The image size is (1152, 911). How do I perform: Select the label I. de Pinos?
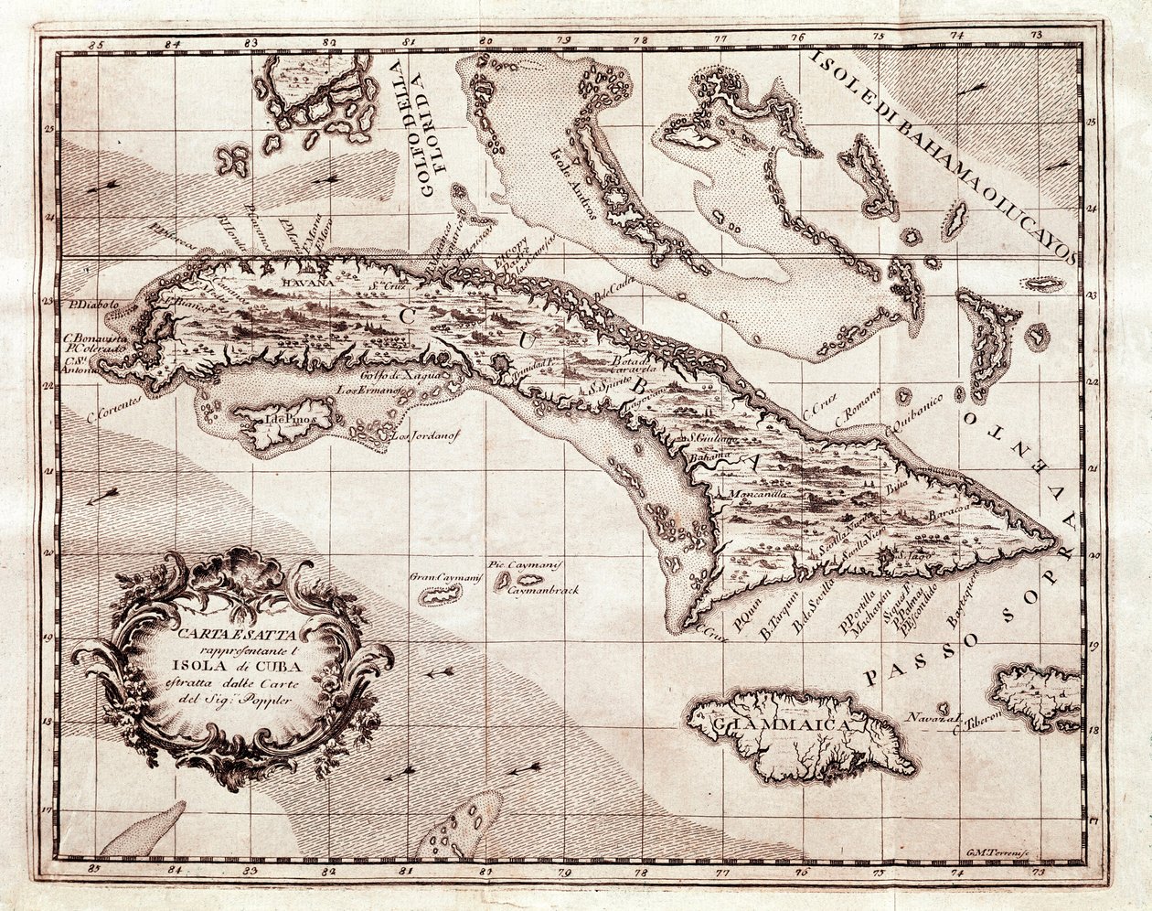[x=280, y=418]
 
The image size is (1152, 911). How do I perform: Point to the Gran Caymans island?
[x=439, y=595]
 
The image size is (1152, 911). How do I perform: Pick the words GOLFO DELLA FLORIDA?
[x=431, y=128]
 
